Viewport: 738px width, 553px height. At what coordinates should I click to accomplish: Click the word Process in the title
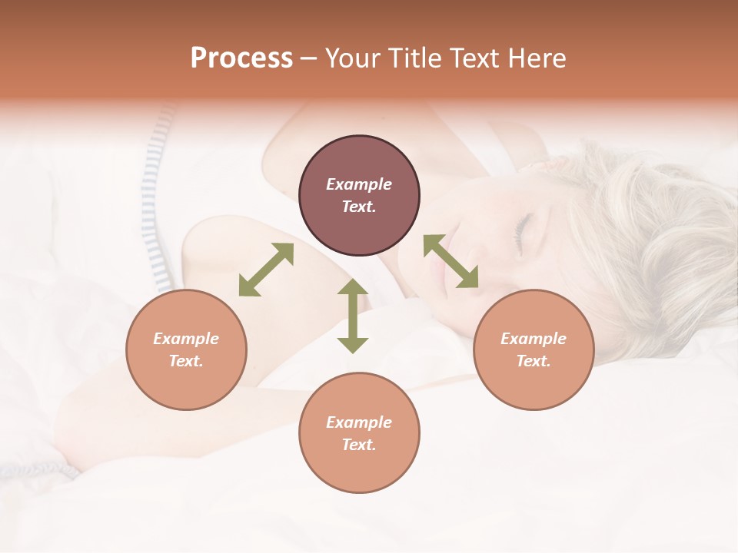[241, 58]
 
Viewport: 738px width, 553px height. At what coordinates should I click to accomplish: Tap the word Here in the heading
[537, 58]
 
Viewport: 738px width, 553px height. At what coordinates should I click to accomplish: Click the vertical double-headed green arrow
[353, 316]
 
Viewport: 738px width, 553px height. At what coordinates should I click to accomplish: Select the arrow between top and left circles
[266, 270]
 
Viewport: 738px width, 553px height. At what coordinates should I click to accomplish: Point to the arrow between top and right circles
[450, 261]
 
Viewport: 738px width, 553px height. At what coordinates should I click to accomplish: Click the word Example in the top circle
[359, 184]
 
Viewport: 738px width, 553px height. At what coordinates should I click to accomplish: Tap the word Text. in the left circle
[186, 361]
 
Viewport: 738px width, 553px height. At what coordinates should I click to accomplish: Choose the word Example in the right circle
[534, 339]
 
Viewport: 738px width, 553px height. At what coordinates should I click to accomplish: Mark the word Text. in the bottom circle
[359, 445]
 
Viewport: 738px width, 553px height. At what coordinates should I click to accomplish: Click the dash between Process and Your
[309, 58]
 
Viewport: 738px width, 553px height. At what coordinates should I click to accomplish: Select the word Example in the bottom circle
[359, 422]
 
